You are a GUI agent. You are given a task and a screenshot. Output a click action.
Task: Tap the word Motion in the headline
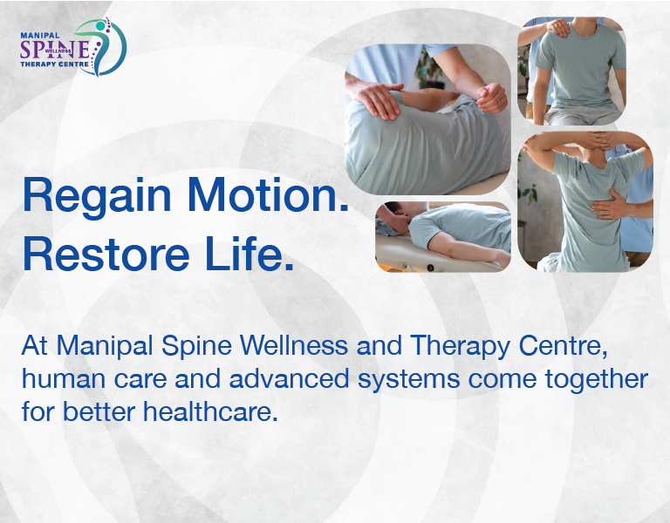tap(276, 195)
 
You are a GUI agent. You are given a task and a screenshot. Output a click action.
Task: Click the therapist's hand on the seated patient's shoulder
tap(555, 28)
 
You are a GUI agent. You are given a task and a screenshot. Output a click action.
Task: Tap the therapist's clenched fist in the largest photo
tap(492, 96)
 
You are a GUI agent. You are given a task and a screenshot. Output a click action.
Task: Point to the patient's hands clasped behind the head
tap(583, 143)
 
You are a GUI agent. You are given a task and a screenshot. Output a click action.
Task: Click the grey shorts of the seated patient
tap(571, 115)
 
